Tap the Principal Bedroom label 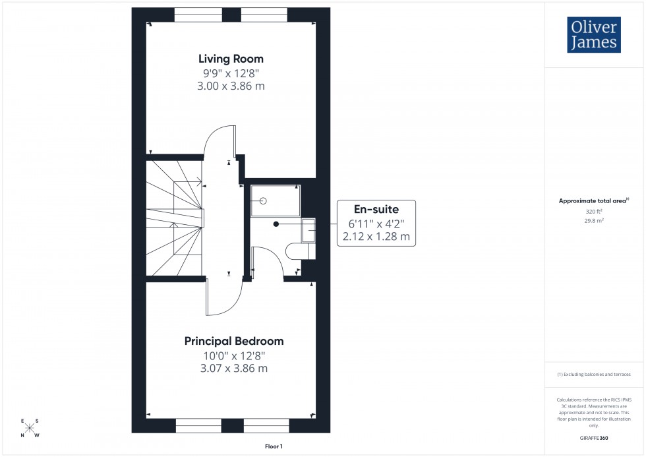233,341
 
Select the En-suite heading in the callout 376,209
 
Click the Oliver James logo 593,35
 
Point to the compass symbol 30,428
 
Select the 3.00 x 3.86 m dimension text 231,86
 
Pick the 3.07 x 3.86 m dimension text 233,369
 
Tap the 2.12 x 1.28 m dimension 376,236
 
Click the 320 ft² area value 595,211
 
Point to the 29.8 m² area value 595,221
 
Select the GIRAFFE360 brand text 595,437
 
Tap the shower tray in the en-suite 275,200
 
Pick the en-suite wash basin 308,230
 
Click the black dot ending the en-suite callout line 276,224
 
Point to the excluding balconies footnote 594,374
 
